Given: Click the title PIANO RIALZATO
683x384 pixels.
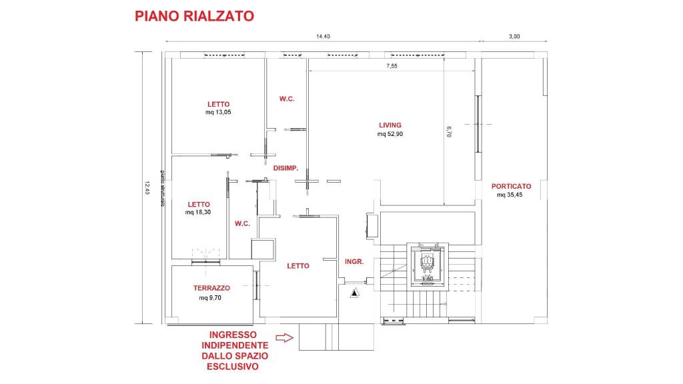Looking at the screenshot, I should point(194,16).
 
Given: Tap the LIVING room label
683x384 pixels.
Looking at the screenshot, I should point(390,125).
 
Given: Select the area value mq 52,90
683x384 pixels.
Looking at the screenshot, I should point(390,134).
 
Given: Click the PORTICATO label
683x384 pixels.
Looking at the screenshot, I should point(511,186).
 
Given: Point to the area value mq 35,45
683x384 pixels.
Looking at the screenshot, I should point(511,195).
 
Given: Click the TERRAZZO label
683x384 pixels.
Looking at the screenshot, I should point(212,288).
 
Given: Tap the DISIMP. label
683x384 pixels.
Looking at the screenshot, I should point(285,168).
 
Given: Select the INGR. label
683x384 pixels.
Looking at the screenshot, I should point(354,262).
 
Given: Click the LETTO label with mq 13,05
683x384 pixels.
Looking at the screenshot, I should point(218,104).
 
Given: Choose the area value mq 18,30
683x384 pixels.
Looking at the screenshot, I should point(199,213).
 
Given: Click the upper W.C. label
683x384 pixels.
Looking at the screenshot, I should point(287,99).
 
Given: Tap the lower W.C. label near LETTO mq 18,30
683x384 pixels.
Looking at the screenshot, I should point(242,224).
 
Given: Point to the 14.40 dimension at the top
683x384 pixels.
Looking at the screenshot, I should point(323,37).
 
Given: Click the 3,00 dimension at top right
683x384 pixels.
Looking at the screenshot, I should point(514,37).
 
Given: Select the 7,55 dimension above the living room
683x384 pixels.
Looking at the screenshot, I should point(392,66).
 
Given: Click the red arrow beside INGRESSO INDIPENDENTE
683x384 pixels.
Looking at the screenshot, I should point(284,338).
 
